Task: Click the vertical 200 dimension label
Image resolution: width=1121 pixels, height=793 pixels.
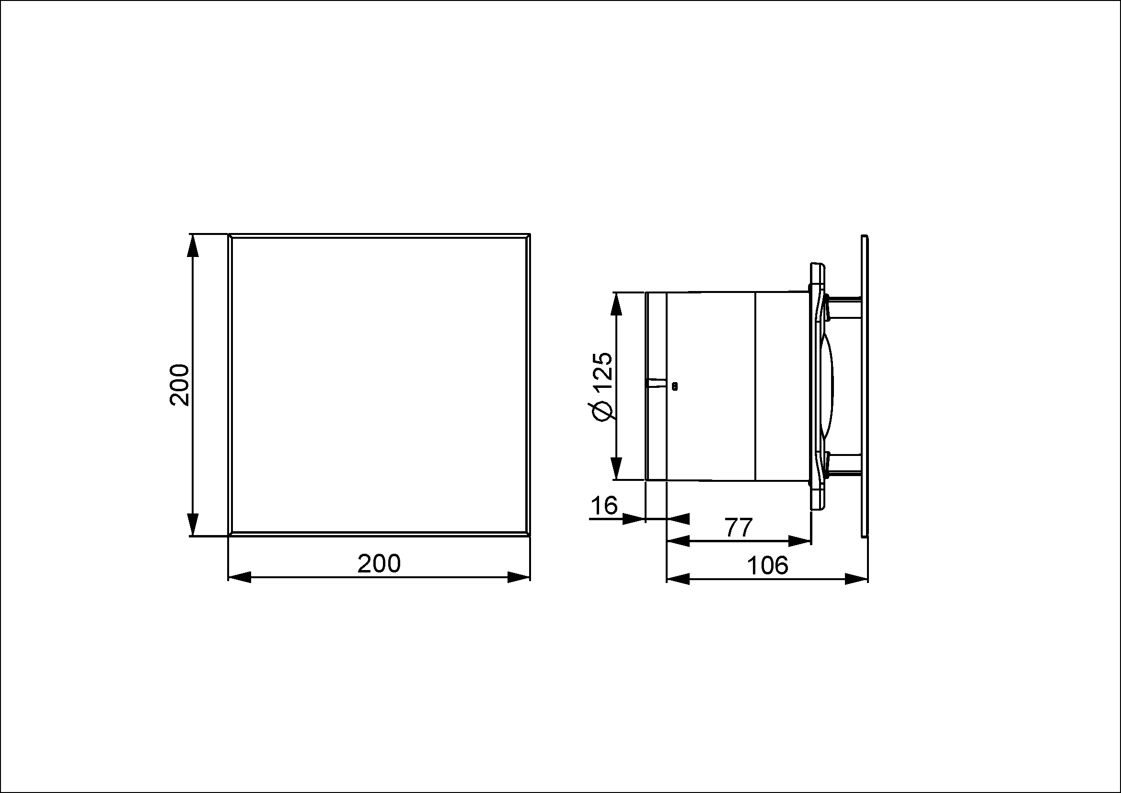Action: [x=179, y=385]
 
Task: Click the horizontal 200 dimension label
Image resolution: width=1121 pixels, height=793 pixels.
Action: [x=379, y=563]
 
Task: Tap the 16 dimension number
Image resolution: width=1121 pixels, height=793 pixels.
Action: [x=604, y=505]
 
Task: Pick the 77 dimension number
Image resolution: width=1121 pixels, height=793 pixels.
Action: [x=738, y=527]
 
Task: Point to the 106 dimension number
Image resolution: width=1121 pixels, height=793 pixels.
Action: [x=767, y=565]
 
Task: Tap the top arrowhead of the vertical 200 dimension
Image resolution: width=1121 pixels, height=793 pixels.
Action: [x=193, y=245]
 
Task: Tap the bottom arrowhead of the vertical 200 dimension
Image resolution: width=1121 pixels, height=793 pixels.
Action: [x=193, y=525]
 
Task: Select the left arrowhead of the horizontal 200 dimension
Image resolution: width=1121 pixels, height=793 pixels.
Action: [x=240, y=577]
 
